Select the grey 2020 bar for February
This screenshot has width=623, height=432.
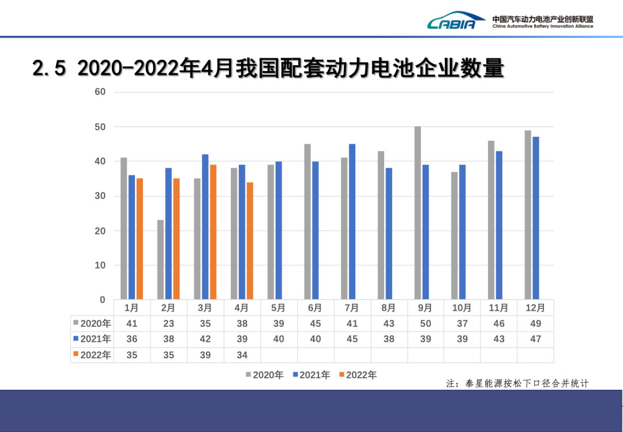(160, 259)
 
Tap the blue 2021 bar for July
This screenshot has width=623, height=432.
(352, 221)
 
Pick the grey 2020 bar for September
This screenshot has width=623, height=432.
(418, 213)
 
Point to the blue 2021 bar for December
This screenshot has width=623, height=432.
(536, 218)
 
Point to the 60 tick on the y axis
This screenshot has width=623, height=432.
(100, 92)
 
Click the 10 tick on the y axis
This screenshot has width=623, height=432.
(100, 265)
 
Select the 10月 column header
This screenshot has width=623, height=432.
(462, 308)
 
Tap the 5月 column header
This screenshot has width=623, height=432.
(279, 308)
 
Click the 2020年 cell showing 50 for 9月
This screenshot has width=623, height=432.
(425, 323)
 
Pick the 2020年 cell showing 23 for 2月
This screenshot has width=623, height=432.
(168, 323)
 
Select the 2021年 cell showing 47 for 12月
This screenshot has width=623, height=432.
(535, 339)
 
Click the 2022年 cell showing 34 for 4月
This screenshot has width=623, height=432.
(242, 355)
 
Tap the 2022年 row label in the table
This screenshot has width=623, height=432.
(92, 355)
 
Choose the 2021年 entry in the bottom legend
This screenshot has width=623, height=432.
(311, 375)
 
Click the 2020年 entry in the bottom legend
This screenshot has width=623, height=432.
(265, 375)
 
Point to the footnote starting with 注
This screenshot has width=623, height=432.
(517, 383)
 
